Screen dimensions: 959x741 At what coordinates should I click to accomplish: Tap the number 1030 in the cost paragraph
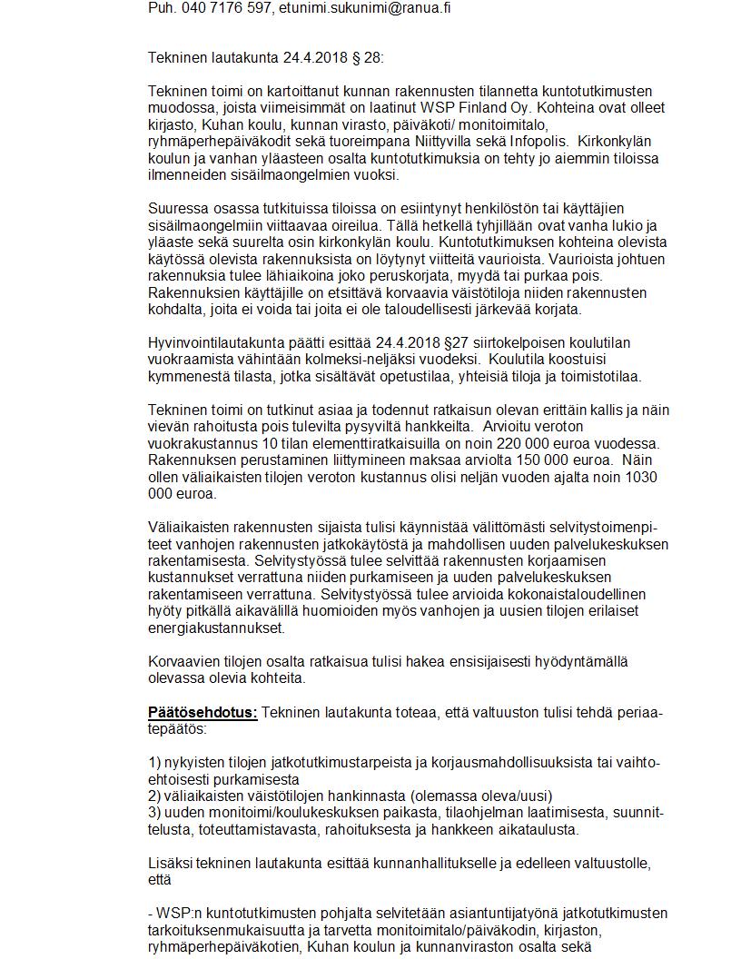click(643, 477)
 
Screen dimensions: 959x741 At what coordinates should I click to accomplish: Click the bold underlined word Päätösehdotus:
click(203, 712)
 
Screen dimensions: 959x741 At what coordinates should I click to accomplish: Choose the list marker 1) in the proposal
click(154, 762)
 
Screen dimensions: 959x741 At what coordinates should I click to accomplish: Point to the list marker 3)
click(154, 812)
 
